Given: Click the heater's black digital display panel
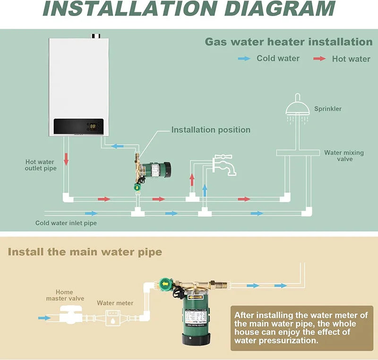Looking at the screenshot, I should (78, 126).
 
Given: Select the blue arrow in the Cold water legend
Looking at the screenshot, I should (244, 59).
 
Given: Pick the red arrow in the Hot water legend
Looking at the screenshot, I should (320, 59).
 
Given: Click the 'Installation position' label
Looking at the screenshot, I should (211, 130).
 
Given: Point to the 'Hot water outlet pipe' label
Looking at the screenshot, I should (41, 165).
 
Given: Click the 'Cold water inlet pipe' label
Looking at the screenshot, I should (66, 223).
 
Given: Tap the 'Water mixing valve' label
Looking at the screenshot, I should (344, 156).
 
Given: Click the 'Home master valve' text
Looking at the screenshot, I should (65, 295).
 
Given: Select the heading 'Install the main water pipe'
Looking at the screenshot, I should (85, 252).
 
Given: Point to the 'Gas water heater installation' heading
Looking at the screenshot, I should (288, 42).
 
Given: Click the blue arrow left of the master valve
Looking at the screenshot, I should (44, 318).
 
